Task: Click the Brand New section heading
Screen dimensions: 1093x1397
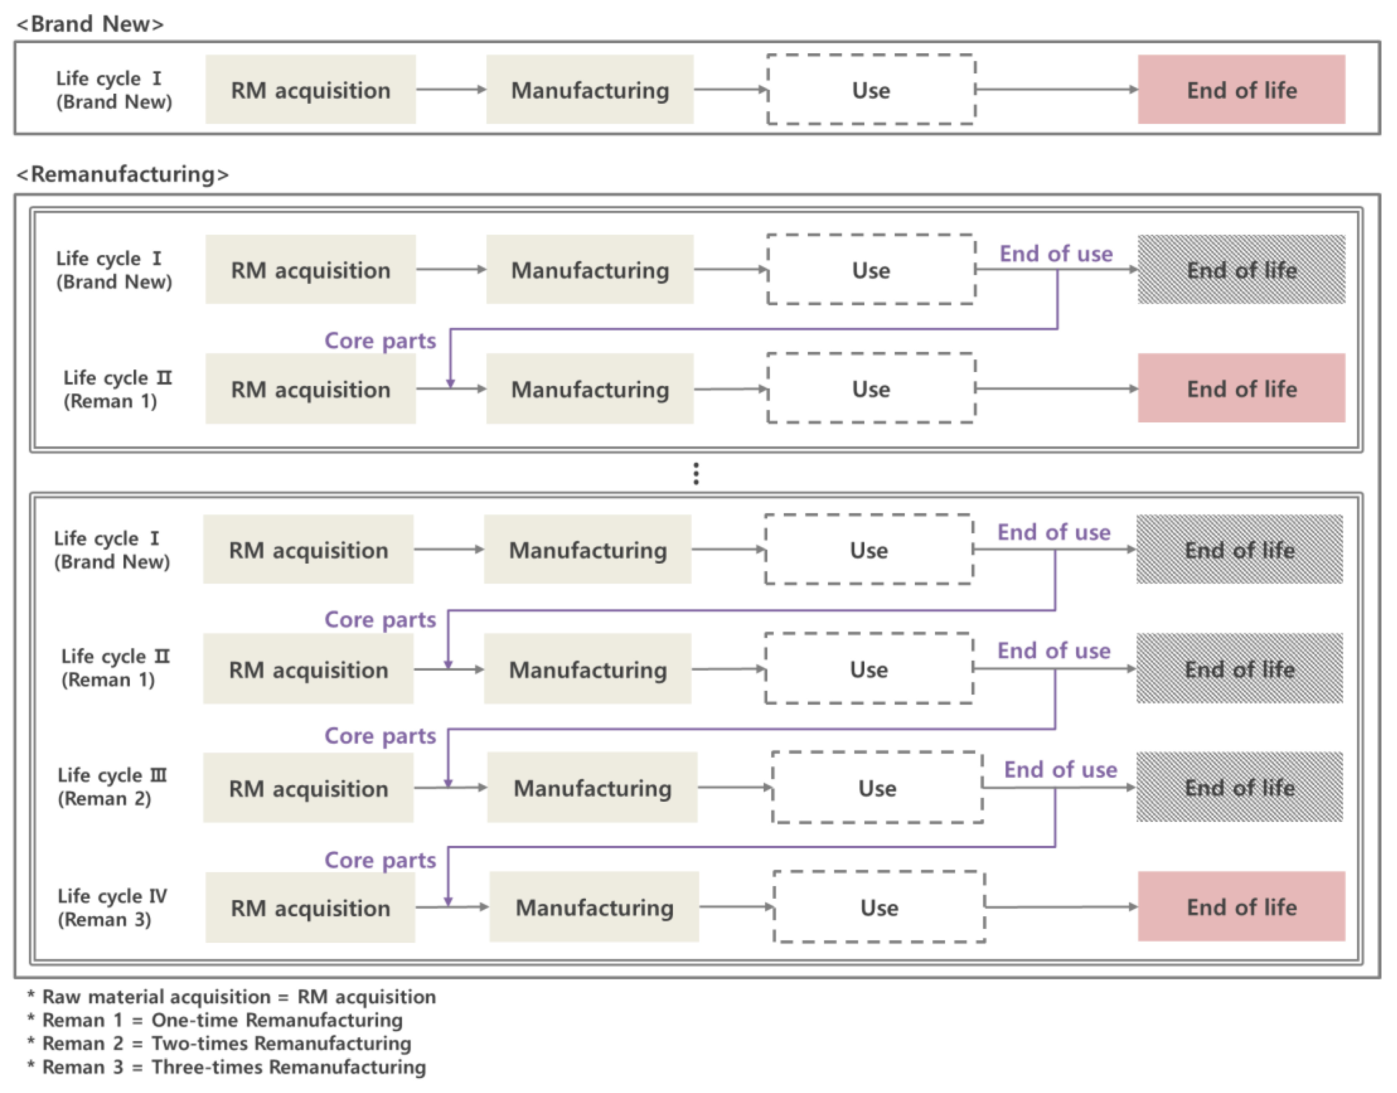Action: tap(89, 24)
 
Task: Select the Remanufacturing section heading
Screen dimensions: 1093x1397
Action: tap(122, 174)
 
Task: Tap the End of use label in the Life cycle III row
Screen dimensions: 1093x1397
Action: tap(1060, 769)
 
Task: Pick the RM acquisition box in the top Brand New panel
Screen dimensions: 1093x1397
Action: tap(310, 89)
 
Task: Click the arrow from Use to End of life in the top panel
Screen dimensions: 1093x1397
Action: tap(1056, 89)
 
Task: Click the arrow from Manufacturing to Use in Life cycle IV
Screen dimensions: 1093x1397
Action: tap(736, 906)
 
